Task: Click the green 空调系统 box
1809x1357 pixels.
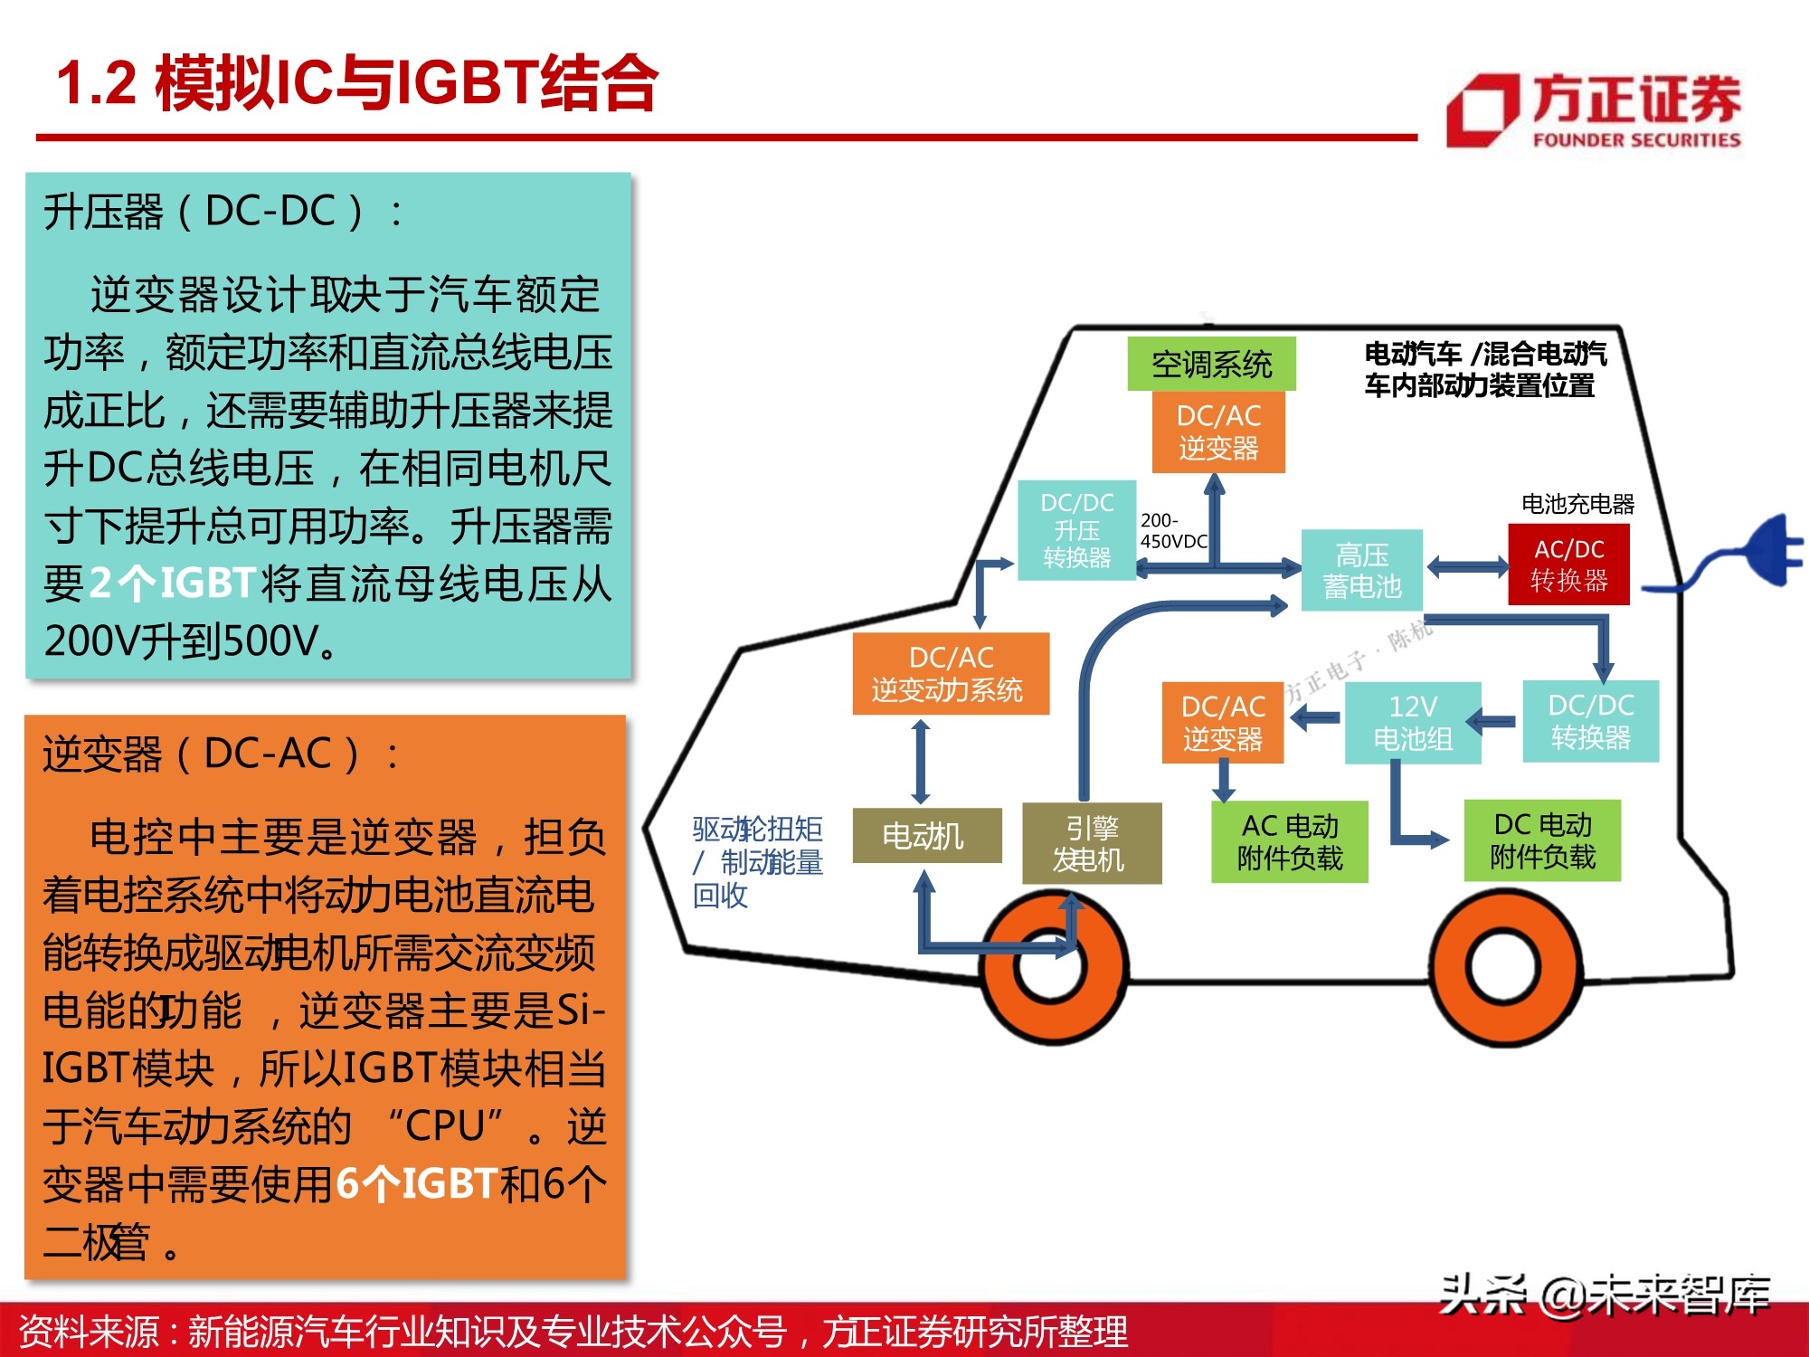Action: click(x=1211, y=364)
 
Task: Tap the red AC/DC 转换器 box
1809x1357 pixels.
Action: click(x=1568, y=565)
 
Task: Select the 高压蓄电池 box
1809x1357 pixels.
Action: click(x=1361, y=570)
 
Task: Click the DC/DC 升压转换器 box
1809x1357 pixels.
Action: click(x=1076, y=530)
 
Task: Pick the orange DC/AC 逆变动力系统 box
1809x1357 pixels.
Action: click(x=950, y=674)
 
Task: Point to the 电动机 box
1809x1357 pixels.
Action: click(x=926, y=835)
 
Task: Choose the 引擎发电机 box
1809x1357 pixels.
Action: click(x=1091, y=843)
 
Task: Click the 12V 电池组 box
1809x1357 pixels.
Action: click(x=1412, y=723)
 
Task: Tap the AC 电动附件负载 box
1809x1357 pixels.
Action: click(x=1289, y=841)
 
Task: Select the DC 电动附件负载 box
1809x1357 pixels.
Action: click(x=1542, y=840)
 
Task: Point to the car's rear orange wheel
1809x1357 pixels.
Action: click(x=1502, y=966)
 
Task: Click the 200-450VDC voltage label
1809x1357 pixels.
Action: click(x=1173, y=531)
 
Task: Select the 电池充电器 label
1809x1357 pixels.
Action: click(x=1577, y=504)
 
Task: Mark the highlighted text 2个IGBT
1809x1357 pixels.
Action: click(x=173, y=584)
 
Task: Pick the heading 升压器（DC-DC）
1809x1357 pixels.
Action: click(x=223, y=212)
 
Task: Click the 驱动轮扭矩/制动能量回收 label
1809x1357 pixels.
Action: click(x=757, y=861)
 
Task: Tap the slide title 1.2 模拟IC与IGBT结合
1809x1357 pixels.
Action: click(x=357, y=83)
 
